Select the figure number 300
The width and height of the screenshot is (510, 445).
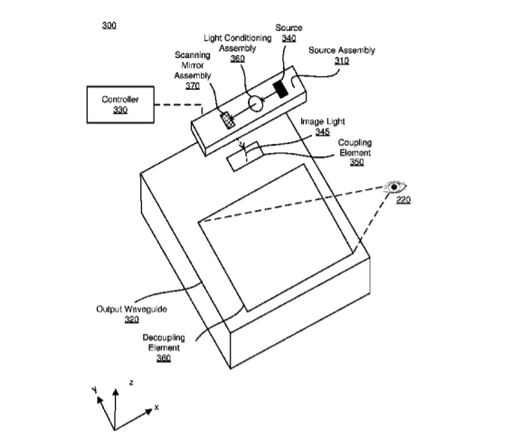[109, 25]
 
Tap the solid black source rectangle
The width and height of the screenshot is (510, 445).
[280, 90]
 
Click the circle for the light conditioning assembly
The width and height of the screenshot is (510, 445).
[256, 103]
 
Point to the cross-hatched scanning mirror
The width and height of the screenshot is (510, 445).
[227, 120]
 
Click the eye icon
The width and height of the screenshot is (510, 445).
[395, 187]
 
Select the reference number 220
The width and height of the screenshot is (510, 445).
[403, 199]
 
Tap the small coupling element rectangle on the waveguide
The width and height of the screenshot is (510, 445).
[244, 156]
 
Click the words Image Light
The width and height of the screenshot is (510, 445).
[322, 122]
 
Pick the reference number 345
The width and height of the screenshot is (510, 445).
[322, 132]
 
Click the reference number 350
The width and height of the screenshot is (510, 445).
[356, 162]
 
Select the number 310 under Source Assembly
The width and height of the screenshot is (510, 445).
[342, 61]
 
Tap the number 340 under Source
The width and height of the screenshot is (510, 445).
[288, 38]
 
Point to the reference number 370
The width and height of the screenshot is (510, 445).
[193, 86]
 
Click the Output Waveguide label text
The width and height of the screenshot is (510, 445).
[132, 309]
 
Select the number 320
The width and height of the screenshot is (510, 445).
[132, 319]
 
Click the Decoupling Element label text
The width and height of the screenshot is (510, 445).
[164, 343]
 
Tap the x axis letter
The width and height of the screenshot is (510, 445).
[156, 407]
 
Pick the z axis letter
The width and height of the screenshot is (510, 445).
[131, 383]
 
